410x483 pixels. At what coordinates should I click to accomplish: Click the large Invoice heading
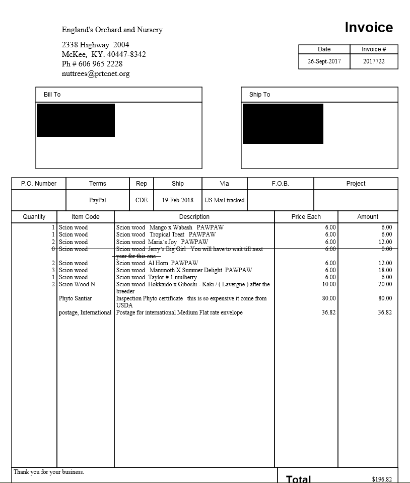369,28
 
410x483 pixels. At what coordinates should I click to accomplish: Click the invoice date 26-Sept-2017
324,61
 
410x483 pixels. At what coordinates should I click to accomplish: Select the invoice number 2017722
374,61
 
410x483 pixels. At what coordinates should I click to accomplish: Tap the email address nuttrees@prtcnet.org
96,73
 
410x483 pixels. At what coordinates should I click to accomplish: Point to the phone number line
92,64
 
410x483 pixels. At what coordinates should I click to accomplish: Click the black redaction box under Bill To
76,120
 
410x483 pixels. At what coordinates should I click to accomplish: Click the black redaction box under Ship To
283,124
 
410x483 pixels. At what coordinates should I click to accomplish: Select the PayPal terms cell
98,200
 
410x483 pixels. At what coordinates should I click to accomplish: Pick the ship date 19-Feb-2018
177,200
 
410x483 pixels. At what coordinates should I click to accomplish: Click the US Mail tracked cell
224,200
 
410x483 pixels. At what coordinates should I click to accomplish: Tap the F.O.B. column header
280,184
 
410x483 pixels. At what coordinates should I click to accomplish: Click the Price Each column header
306,217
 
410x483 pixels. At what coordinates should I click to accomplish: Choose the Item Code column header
86,217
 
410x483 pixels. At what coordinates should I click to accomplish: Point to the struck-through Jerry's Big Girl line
189,249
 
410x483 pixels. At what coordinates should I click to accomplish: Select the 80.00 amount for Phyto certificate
385,298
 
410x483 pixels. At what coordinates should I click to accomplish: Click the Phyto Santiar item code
76,298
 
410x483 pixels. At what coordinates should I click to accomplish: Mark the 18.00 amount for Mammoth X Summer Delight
385,270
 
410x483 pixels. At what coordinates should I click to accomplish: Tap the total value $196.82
382,479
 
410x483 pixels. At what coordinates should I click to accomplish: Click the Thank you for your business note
49,472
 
